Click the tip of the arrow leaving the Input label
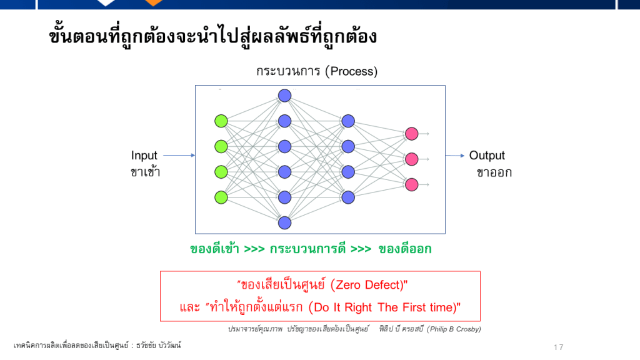pos(195,155)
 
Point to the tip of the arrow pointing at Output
pos(464,156)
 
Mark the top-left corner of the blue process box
pos(195,85)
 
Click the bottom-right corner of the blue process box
pos(445,234)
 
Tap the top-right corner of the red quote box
pos(481,271)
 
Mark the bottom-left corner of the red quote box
pos(160,321)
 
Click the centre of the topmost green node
pos(221,121)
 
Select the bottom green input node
pos(221,197)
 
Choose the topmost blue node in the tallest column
pos(284,96)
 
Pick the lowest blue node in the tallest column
pos(284,223)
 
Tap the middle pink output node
pos(411,159)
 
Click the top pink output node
pos(411,134)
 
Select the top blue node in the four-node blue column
pos(348,121)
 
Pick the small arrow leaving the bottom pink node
pos(424,184)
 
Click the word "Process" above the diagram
pos(351,71)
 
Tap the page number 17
pos(559,347)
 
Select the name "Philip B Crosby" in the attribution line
pos(454,329)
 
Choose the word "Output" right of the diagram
pos(487,156)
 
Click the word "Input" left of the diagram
pos(144,156)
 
